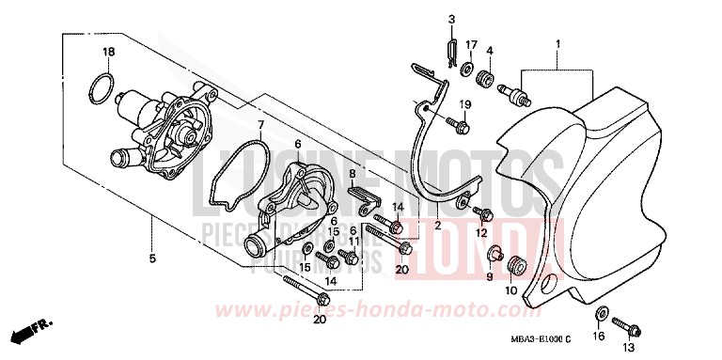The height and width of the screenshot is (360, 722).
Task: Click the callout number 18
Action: (109, 51)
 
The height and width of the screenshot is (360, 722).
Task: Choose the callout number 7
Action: (260, 125)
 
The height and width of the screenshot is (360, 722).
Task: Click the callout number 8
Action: (353, 174)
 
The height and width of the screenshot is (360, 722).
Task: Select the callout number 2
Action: (438, 227)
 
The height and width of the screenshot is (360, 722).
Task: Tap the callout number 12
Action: (481, 232)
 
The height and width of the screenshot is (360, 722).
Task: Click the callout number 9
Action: (489, 277)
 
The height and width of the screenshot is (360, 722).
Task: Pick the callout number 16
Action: (600, 336)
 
